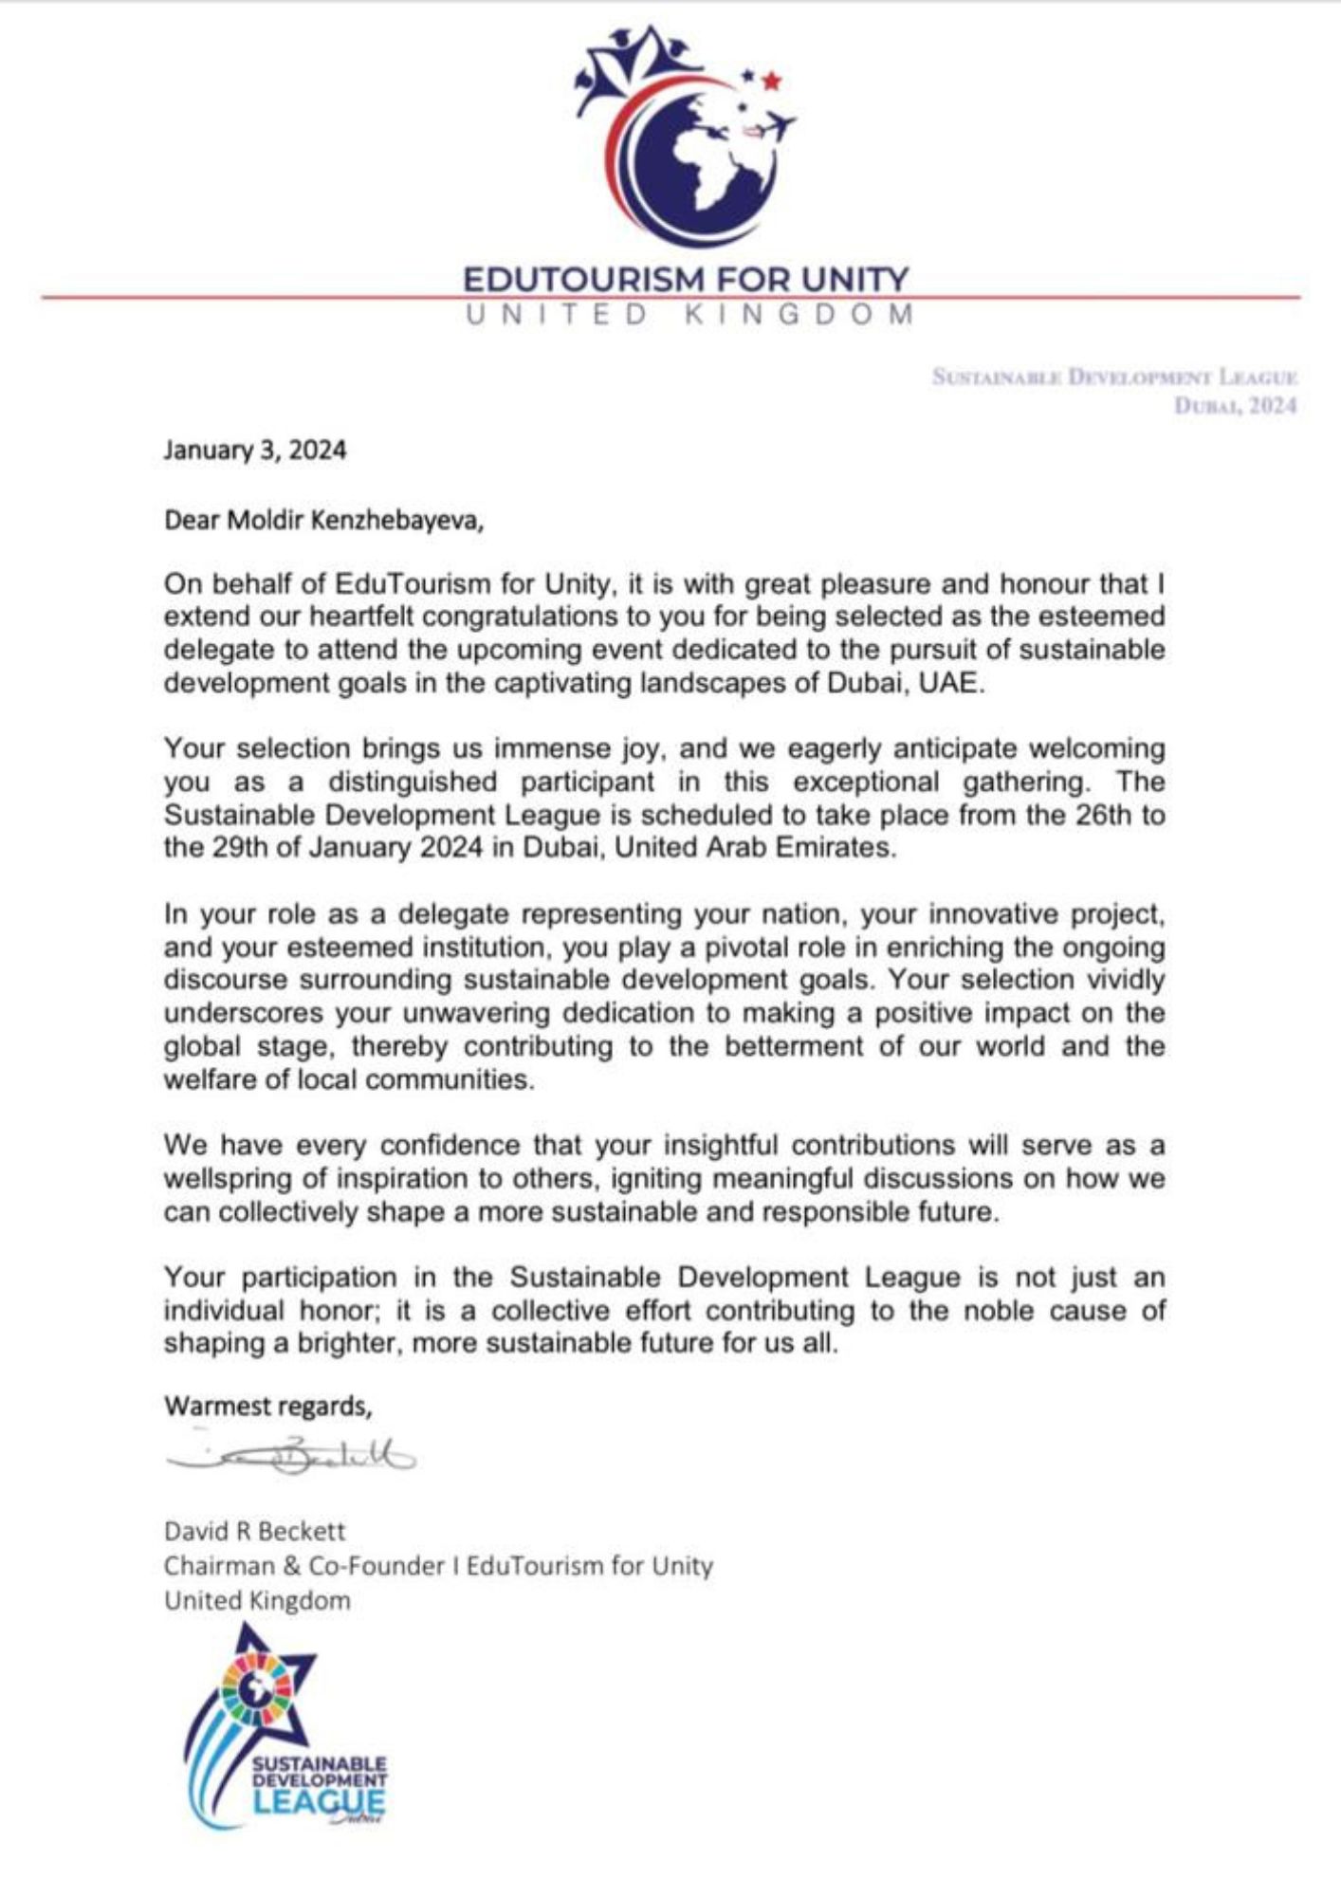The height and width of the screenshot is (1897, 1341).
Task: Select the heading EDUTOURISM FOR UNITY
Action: pos(685,279)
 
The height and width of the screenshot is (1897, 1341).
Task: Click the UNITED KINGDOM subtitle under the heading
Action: pos(689,314)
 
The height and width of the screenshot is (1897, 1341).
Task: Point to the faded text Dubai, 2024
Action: pos(1235,406)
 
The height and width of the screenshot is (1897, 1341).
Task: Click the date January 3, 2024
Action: pos(254,450)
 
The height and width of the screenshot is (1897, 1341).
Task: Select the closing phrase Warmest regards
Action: pos(267,1406)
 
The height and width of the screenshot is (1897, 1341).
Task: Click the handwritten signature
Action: pos(290,1458)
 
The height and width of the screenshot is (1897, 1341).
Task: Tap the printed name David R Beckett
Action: pos(254,1531)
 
